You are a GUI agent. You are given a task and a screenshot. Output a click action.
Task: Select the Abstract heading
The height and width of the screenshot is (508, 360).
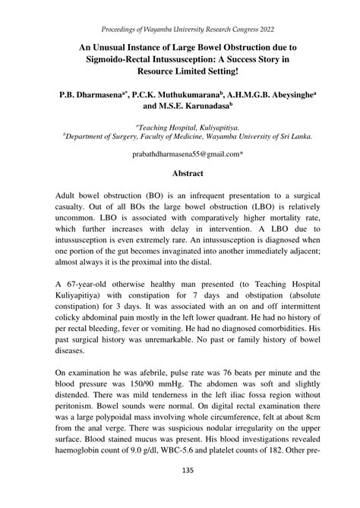tap(180, 173)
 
